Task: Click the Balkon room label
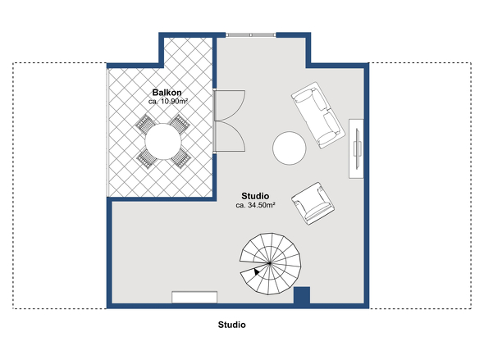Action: [167, 92]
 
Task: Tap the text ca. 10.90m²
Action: [168, 101]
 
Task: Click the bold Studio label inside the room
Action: [255, 196]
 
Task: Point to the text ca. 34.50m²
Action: [256, 205]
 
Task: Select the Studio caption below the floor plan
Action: [232, 325]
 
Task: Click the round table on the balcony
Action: [163, 142]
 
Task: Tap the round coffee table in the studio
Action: [290, 148]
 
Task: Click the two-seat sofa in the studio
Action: [318, 115]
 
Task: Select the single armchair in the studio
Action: [313, 203]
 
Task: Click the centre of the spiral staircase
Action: [270, 263]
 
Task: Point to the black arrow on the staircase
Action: [257, 271]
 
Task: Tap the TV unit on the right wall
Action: [356, 148]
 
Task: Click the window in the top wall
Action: [251, 35]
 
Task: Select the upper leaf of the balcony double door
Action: [230, 105]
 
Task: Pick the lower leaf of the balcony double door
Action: [230, 136]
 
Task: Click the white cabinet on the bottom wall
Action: [194, 297]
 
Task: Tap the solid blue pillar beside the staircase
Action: [302, 295]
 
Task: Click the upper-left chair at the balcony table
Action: [145, 124]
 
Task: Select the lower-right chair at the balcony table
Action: [181, 158]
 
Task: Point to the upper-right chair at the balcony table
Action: [180, 124]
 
